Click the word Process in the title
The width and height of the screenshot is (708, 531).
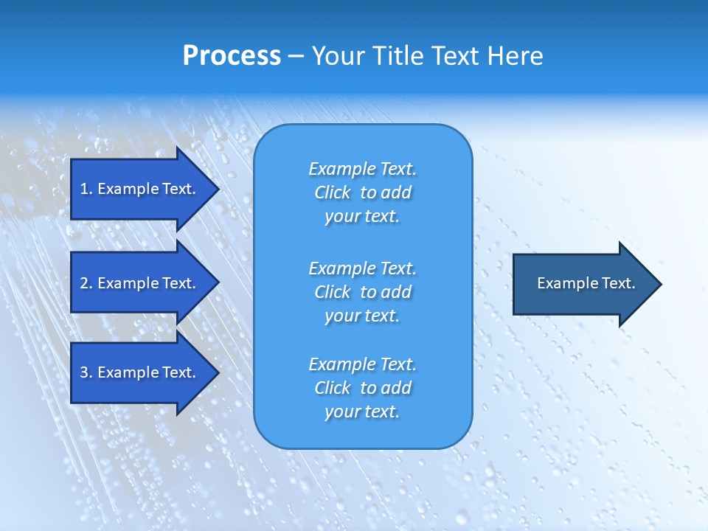[x=232, y=56]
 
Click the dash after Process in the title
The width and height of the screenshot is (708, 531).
[x=296, y=57]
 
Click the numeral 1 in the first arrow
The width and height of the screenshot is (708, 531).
[x=84, y=189]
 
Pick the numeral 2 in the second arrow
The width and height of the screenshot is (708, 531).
[x=84, y=283]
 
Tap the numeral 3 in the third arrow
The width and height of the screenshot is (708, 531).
[x=84, y=372]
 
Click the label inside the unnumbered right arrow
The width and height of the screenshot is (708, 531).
[x=586, y=283]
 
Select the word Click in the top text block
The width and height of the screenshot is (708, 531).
[x=333, y=192]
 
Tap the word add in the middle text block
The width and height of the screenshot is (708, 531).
[x=396, y=292]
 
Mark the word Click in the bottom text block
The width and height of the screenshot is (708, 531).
[x=333, y=388]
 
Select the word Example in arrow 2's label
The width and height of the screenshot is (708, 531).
[x=126, y=283]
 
